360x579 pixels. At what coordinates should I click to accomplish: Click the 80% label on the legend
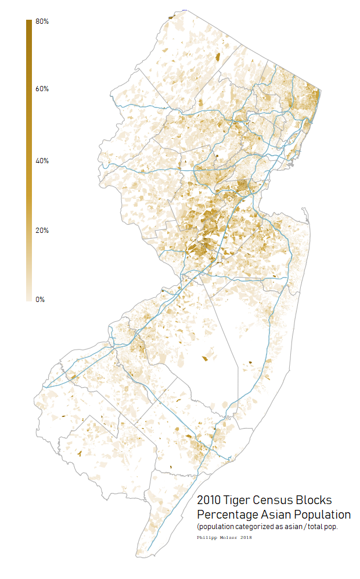(x=42, y=21)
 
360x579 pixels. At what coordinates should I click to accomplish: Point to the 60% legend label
(x=42, y=89)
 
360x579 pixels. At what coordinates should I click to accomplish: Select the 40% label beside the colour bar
(x=42, y=161)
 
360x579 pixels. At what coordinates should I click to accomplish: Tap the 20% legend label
(x=42, y=231)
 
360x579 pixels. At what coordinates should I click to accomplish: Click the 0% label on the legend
(x=40, y=300)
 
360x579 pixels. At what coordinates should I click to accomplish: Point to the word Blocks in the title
(x=319, y=500)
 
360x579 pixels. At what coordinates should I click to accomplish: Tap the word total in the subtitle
(x=315, y=527)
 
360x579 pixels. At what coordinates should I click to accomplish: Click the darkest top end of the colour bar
(x=29, y=22)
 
